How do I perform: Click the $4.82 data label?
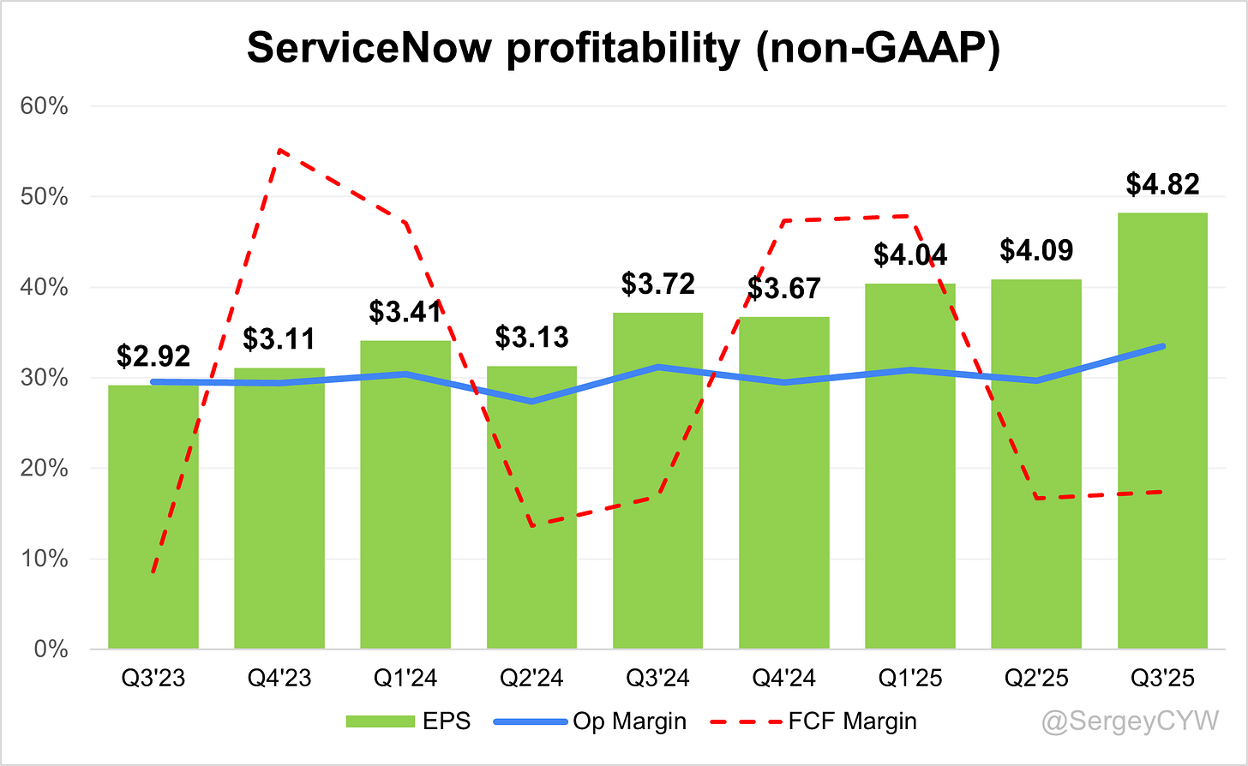coord(1162,184)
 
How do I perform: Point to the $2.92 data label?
coord(153,356)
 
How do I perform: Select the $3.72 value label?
coord(657,284)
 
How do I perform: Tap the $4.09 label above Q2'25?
coord(1036,250)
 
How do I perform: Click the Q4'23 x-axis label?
coord(279,678)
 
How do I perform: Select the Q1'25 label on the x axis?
coord(910,678)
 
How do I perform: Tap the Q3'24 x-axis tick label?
coord(657,678)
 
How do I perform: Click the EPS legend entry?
coord(408,721)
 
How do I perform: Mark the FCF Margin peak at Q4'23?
coord(279,150)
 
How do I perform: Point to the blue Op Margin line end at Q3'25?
coord(1162,346)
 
